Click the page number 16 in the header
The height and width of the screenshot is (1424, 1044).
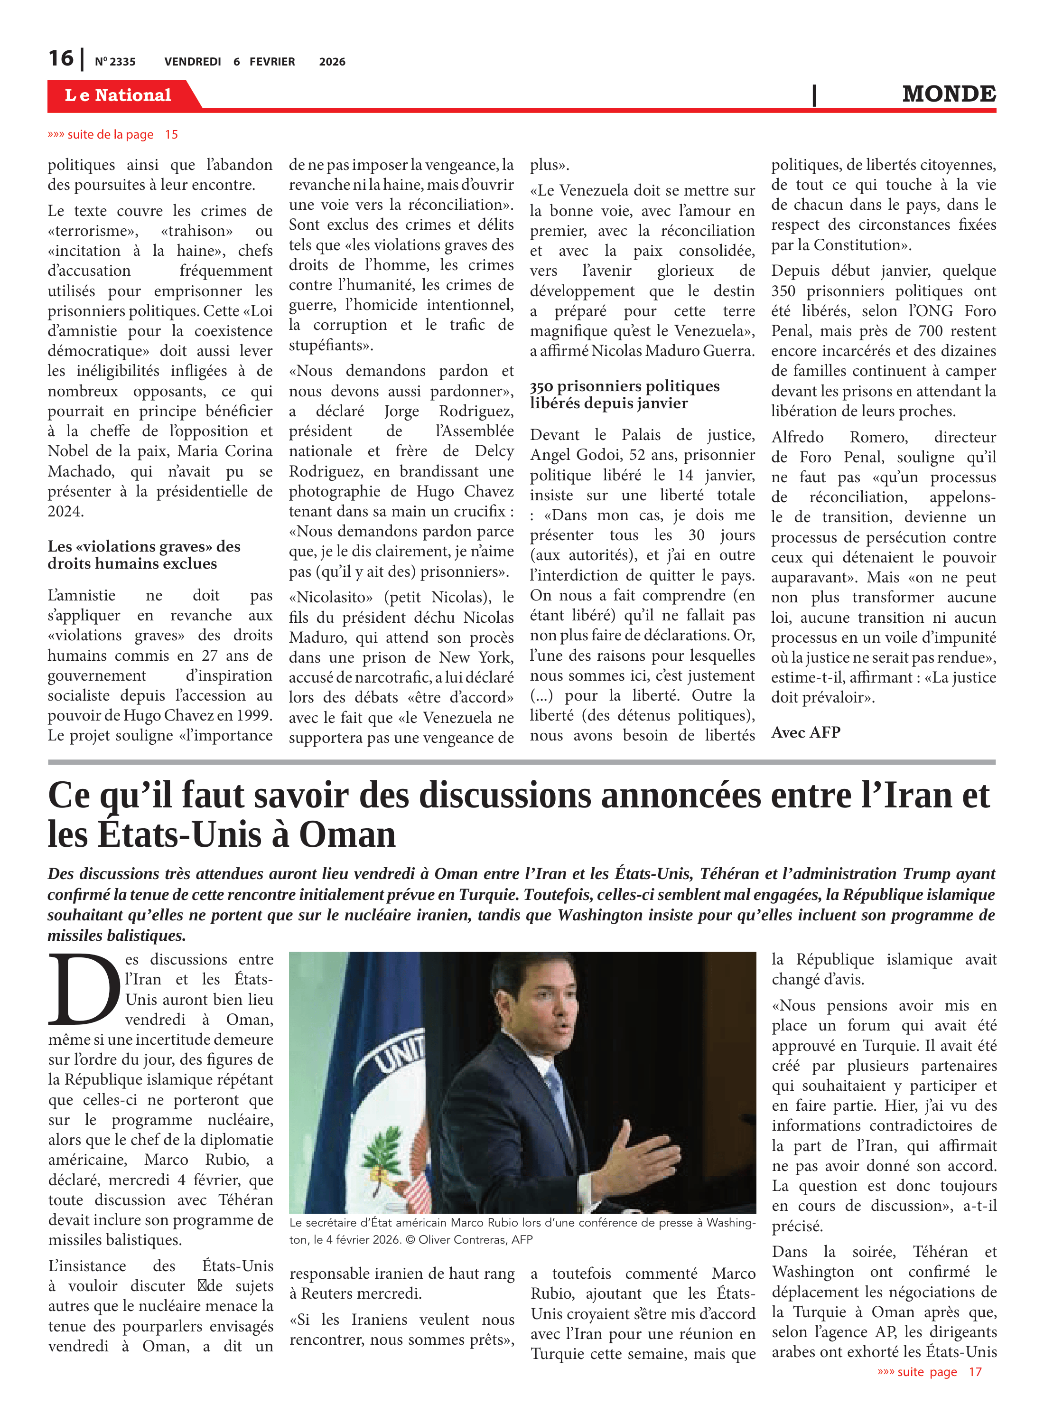point(61,58)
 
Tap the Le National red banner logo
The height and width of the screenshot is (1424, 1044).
point(118,95)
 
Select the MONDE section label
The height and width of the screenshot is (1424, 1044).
point(949,94)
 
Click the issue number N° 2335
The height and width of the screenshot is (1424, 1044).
point(115,62)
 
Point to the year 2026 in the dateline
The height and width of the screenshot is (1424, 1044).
point(332,62)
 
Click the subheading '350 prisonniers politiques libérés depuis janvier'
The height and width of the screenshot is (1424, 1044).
point(625,394)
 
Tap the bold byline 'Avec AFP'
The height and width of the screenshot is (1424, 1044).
point(806,732)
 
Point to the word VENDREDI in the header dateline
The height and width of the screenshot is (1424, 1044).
point(192,62)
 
